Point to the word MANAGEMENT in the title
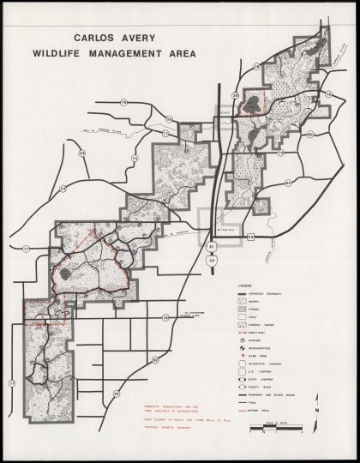[129, 53]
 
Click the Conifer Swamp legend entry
[257, 324]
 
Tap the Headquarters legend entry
[261, 349]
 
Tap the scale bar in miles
[273, 429]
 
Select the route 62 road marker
[250, 233]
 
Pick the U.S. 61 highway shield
[212, 246]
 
